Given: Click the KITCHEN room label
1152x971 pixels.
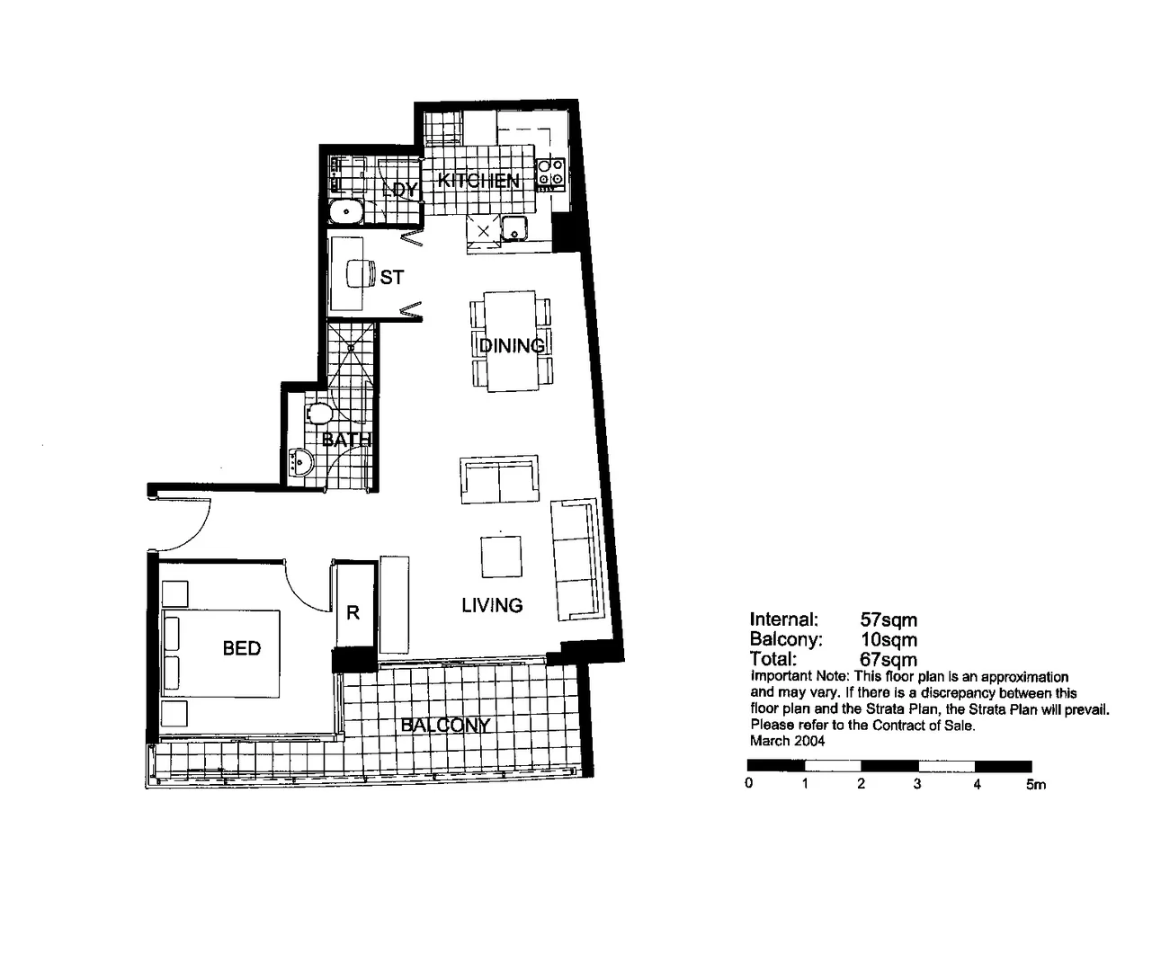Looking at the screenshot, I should click(x=478, y=181).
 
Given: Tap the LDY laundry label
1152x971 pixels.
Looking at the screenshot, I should click(x=399, y=189).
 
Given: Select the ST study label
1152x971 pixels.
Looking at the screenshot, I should click(x=391, y=277).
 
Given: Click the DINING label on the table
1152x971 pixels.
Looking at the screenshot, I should click(x=511, y=345).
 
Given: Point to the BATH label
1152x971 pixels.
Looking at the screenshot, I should click(x=346, y=440).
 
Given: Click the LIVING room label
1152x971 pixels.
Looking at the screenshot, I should click(x=492, y=605).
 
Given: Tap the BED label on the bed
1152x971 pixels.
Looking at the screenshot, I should click(x=242, y=648).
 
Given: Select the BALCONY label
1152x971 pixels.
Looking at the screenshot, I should click(x=445, y=725).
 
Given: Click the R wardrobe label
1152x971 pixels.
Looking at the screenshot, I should click(x=353, y=612).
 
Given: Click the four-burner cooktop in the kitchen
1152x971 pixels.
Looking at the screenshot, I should click(x=550, y=173).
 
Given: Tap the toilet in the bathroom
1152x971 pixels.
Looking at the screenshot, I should click(x=317, y=414).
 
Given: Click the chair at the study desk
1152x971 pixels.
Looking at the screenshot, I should click(x=361, y=272).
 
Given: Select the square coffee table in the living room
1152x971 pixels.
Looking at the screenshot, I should click(x=501, y=557).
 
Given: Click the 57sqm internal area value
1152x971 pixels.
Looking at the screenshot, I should click(x=889, y=619).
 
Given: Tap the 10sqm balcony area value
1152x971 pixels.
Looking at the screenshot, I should click(x=889, y=639).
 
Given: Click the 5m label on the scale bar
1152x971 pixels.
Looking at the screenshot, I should click(x=1035, y=784).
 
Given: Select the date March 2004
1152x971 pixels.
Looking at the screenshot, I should click(x=787, y=741).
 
